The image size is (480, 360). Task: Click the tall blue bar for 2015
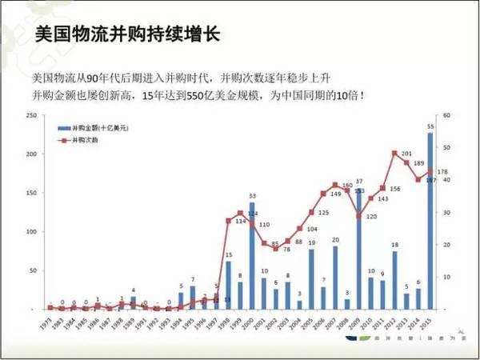point(430,220)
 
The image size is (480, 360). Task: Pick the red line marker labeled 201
point(394,153)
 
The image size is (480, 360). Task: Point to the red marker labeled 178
point(430,170)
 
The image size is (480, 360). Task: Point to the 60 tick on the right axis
point(449,115)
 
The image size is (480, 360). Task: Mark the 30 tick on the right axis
point(449,212)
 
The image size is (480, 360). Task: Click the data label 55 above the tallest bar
point(430,127)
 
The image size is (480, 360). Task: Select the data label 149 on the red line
point(336,194)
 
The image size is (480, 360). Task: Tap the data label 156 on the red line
point(395,189)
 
